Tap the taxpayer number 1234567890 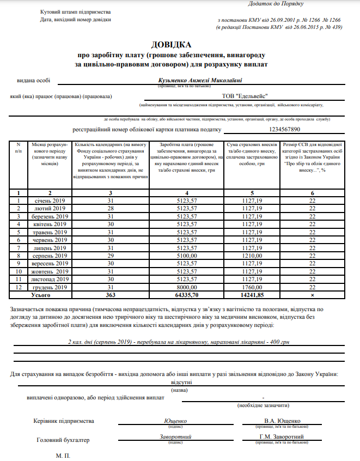click(284, 129)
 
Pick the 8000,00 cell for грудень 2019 click(187, 287)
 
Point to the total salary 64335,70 click(187, 294)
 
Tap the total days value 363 click(111, 294)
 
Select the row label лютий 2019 click(50, 208)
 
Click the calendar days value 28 click(111, 208)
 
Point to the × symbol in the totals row click(312, 294)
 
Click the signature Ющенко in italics click(175, 421)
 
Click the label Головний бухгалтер click(63, 440)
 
